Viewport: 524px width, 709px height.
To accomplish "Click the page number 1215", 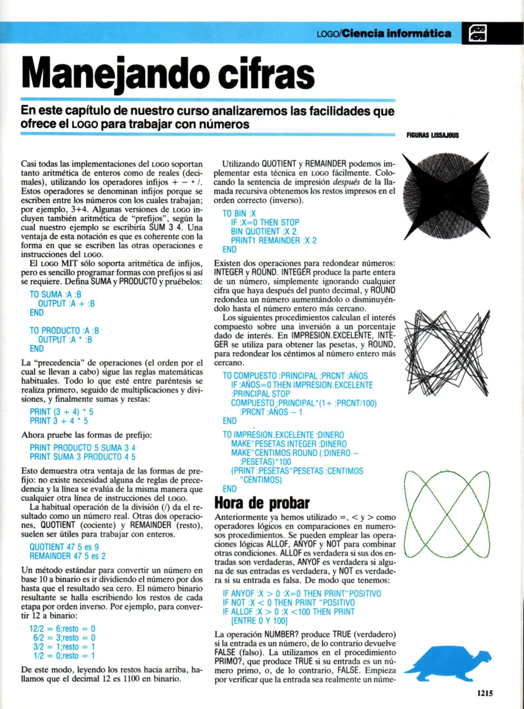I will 485,693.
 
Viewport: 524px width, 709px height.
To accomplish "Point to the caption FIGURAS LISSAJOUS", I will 432,135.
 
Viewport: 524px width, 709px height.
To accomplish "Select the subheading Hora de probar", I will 262,503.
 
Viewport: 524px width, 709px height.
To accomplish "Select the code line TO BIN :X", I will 239,214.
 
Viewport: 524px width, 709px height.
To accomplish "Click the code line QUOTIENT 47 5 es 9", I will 64,547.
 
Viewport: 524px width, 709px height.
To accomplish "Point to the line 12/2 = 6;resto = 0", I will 62,629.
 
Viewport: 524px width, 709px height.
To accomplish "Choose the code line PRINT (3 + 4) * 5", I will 61,412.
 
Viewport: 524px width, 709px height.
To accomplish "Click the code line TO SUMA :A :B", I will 55,295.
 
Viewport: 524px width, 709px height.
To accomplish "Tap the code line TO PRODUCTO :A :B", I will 64,331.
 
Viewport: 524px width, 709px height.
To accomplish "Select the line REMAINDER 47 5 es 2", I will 68,556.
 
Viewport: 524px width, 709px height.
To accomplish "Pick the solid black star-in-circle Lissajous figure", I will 446,195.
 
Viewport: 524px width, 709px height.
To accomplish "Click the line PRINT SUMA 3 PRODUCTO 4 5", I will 82,457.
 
